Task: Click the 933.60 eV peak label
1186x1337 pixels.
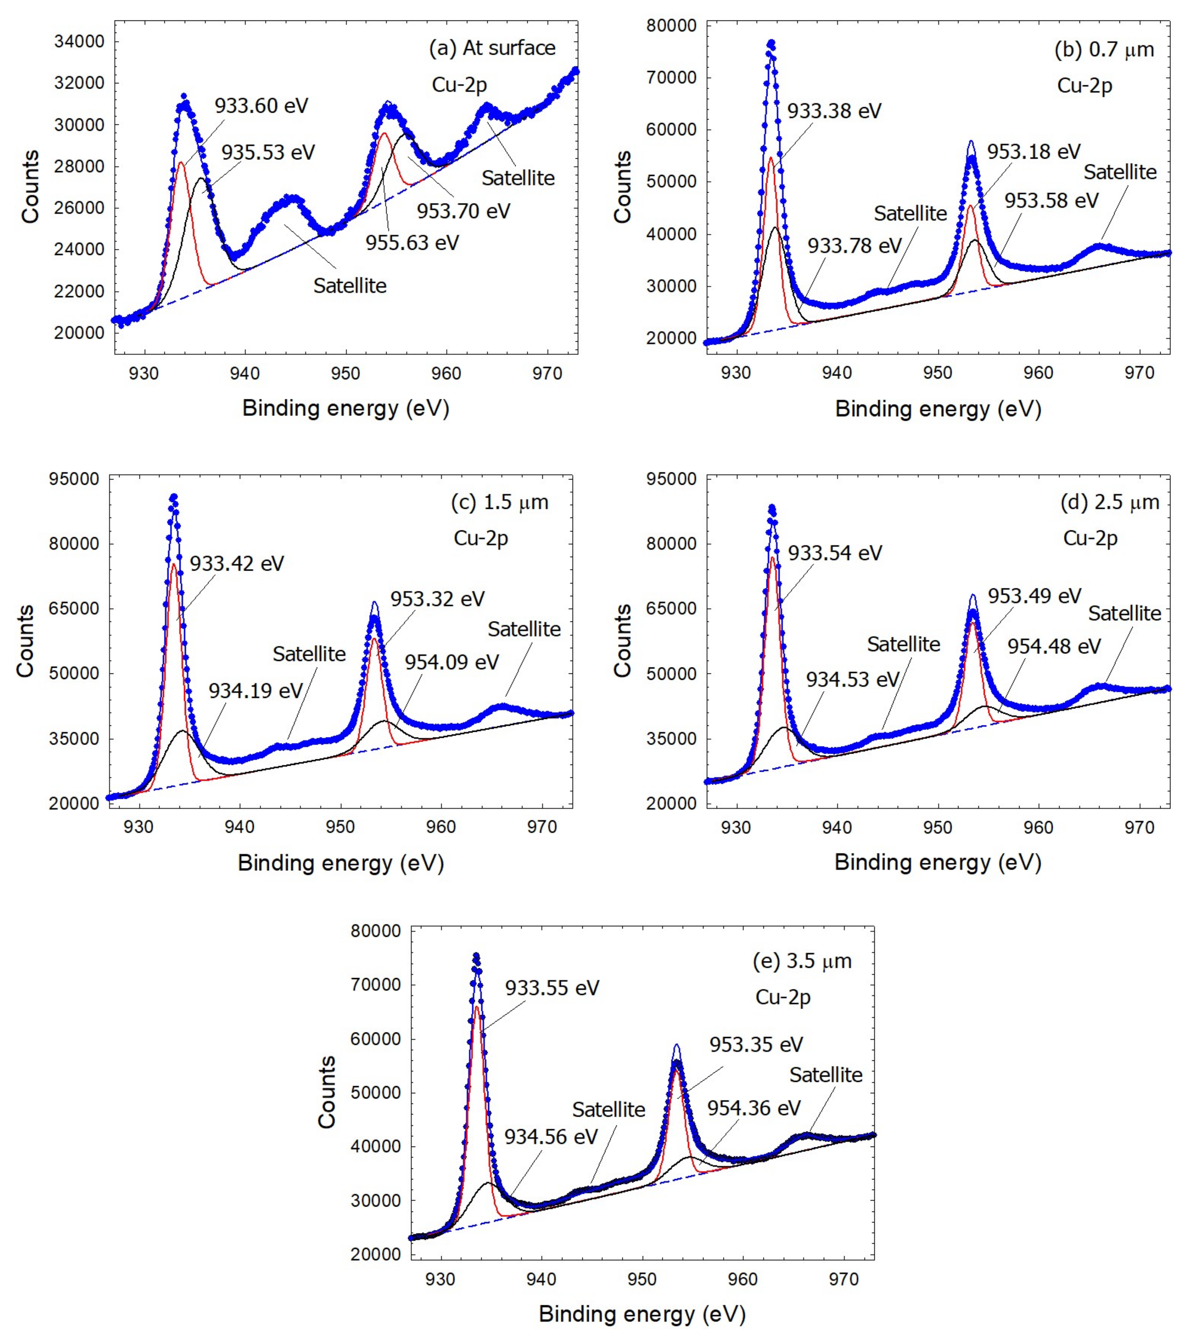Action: click(261, 105)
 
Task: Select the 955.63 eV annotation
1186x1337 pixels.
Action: click(412, 243)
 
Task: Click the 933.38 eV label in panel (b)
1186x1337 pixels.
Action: click(834, 111)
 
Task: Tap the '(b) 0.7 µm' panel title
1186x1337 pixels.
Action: click(1104, 50)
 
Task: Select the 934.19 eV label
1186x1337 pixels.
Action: click(256, 691)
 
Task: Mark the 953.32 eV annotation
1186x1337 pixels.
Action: click(437, 599)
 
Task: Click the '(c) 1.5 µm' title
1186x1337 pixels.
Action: click(500, 502)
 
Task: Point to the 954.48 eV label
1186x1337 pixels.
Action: click(1054, 646)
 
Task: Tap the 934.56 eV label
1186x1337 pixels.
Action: click(551, 1137)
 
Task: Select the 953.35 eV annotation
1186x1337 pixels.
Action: click(756, 1044)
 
